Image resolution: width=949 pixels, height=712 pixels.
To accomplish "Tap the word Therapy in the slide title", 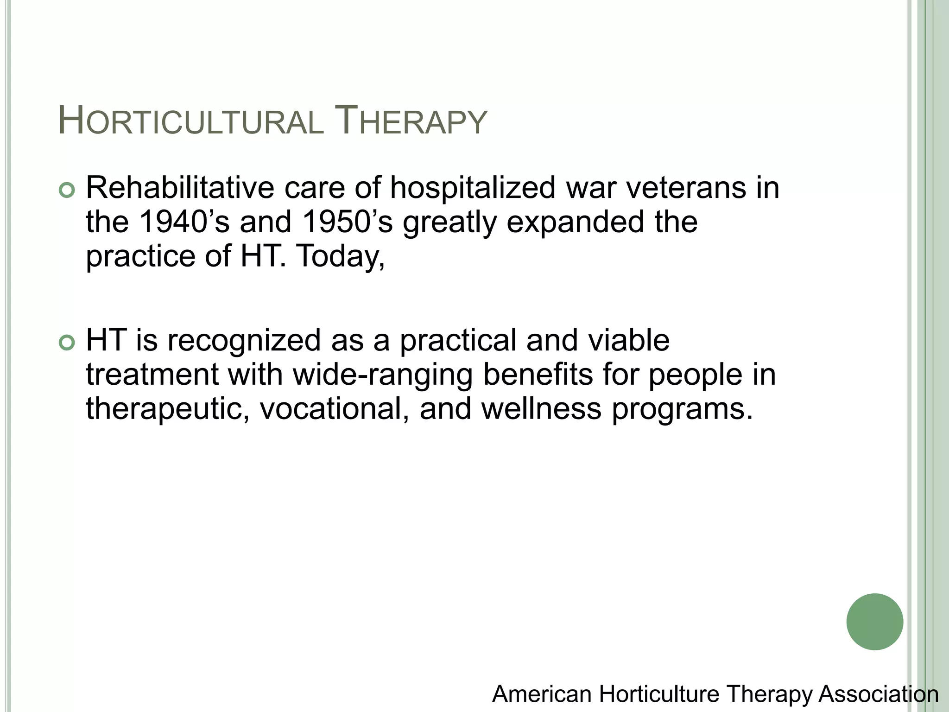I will (x=410, y=122).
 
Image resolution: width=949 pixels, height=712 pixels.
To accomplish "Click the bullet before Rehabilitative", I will (x=67, y=191).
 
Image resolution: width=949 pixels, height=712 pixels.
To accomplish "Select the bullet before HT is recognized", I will (x=67, y=343).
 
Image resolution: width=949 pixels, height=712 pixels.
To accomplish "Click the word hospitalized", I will (x=472, y=189).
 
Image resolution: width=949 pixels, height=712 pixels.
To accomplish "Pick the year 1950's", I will (x=347, y=222).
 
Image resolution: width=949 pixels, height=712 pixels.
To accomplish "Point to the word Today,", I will (x=340, y=256).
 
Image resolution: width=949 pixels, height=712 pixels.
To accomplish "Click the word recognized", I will (x=244, y=341).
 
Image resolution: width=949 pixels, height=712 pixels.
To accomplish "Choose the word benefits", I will (x=538, y=374).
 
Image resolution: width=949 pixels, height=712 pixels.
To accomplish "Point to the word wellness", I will (x=541, y=408).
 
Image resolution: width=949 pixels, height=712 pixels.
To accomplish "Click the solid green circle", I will (x=874, y=622).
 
